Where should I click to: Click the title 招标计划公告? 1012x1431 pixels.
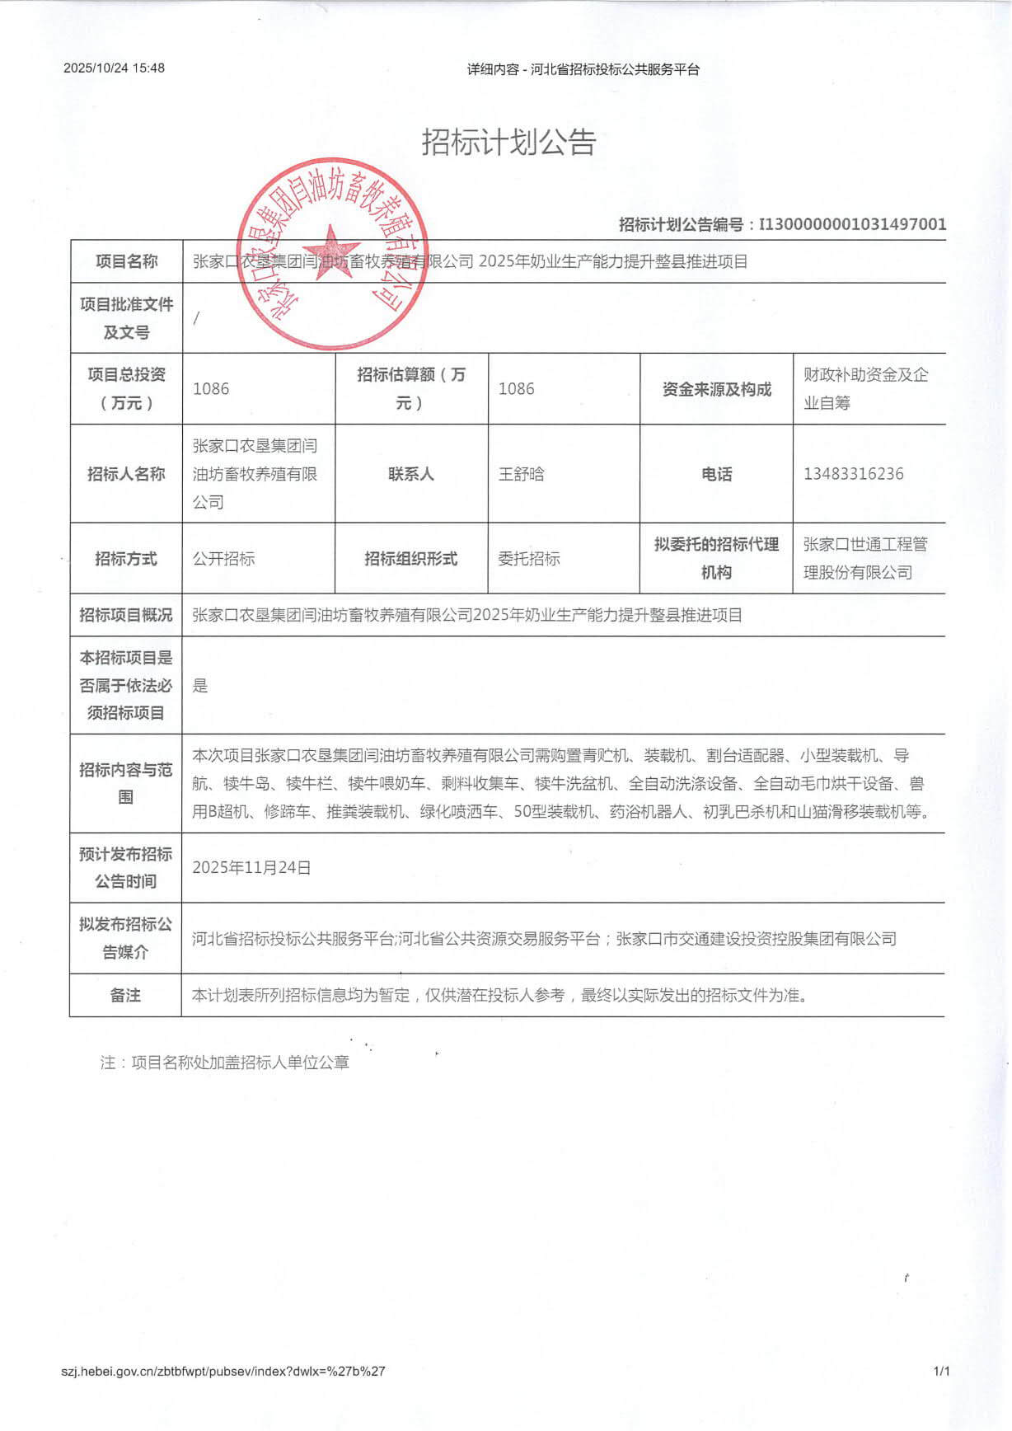(x=508, y=143)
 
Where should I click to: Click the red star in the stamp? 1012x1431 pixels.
(x=331, y=253)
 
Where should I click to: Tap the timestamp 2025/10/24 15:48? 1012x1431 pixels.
(x=114, y=68)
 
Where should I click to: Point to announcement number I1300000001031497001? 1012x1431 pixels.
(x=852, y=224)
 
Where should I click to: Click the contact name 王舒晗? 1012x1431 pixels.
(x=521, y=474)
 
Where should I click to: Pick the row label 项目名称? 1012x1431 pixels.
(x=126, y=262)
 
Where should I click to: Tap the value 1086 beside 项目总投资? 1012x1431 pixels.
(x=211, y=389)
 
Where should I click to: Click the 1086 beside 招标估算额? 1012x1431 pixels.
(x=516, y=389)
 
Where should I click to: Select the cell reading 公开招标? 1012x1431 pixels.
(x=223, y=559)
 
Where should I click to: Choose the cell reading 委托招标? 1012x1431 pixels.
(x=529, y=559)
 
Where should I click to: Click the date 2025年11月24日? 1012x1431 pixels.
(x=251, y=868)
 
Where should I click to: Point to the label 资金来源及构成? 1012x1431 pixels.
(x=716, y=389)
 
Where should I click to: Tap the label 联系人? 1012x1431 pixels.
(x=410, y=474)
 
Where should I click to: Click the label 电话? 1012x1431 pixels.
(x=716, y=474)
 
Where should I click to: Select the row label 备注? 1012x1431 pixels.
(x=125, y=996)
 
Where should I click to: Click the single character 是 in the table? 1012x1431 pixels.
(x=200, y=686)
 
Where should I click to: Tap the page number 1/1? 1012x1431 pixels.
(x=941, y=1372)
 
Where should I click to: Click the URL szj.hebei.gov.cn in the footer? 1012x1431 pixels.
(x=223, y=1372)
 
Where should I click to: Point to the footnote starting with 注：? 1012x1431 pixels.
(x=225, y=1063)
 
